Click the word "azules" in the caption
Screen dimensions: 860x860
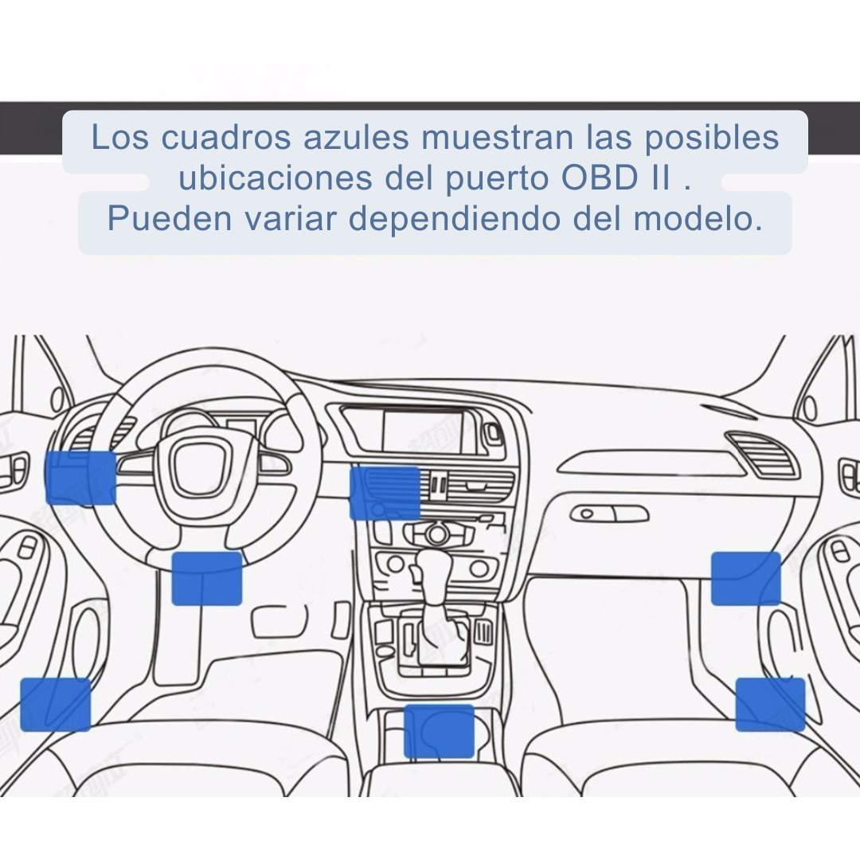[357, 137]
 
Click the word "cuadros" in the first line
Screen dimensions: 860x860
[226, 137]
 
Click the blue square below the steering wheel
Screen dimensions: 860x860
[207, 579]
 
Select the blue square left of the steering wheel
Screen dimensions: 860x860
[80, 477]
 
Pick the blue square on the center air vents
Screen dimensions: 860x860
[385, 493]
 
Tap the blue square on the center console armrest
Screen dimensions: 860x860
[439, 731]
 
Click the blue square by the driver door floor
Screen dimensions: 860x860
[56, 705]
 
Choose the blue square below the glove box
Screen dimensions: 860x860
[746, 579]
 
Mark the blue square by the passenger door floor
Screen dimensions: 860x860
[770, 705]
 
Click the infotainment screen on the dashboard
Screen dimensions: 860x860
[422, 431]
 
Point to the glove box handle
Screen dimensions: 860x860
[609, 514]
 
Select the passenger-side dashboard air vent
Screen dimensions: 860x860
[760, 454]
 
